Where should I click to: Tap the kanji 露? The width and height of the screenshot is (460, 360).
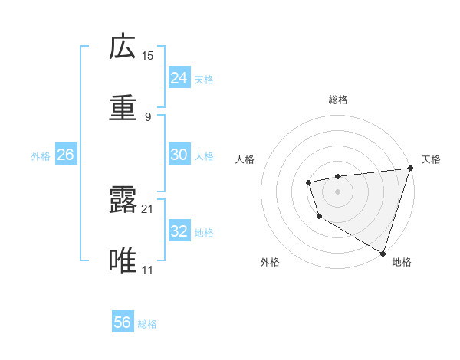pos(123,200)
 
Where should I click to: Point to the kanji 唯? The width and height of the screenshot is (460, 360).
pos(123,261)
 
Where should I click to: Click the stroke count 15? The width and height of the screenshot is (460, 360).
pos(147,55)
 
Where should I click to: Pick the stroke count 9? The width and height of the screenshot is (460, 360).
pos(147,116)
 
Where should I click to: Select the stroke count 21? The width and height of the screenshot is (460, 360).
pos(147,208)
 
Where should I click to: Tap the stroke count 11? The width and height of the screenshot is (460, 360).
pos(147,270)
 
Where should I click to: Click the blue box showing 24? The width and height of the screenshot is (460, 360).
pos(179,78)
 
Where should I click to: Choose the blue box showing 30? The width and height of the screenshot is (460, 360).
pos(179,155)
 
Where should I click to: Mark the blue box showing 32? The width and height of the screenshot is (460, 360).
pos(179,231)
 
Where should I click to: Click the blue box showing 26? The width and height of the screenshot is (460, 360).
pos(66,155)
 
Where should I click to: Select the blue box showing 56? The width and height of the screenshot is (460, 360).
pos(123,322)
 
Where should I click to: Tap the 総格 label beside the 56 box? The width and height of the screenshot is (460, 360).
pos(147,324)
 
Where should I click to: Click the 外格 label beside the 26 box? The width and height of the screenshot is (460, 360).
pos(41,156)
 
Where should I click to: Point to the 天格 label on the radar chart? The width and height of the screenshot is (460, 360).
pos(431,159)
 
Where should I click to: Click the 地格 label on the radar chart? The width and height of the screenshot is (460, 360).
pos(402,262)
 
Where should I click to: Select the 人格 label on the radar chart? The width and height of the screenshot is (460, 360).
pos(245,159)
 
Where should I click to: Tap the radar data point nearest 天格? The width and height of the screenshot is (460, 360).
pos(409,169)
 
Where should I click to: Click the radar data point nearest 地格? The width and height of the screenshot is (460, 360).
pos(382,252)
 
